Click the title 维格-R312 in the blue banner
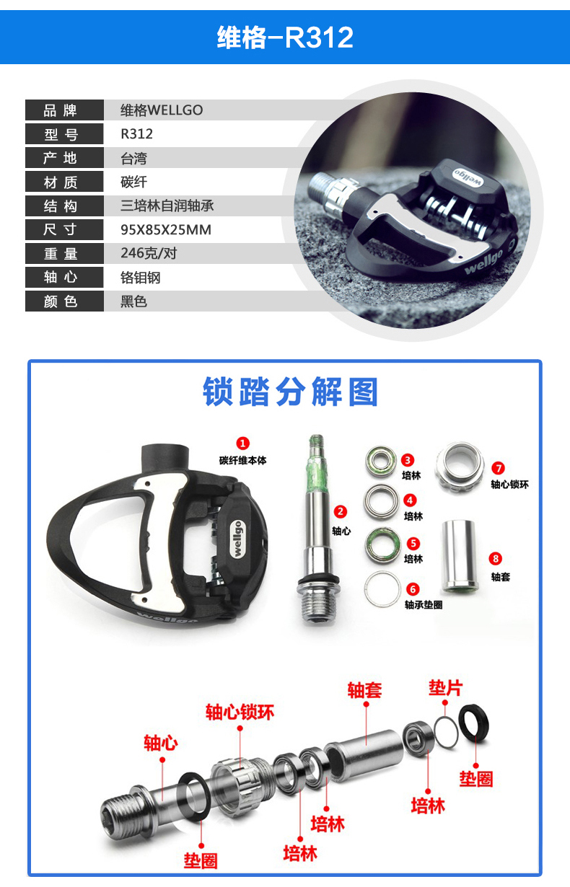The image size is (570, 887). point(285,37)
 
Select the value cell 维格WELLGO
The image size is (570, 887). point(162,110)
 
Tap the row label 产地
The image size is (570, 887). point(61,158)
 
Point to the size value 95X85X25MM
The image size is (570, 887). point(165,230)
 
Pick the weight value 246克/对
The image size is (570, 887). point(149,254)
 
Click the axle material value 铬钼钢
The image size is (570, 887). point(133,278)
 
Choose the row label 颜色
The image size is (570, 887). point(61,301)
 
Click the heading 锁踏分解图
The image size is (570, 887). point(290,392)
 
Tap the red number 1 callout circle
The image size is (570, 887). point(243,443)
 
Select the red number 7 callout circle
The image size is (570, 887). point(497,468)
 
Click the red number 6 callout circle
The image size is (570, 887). point(413,588)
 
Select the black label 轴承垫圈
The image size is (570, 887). point(424,604)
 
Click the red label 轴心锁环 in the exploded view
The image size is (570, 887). point(240,713)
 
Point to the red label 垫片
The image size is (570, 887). point(445,688)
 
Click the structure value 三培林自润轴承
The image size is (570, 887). point(167,206)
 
